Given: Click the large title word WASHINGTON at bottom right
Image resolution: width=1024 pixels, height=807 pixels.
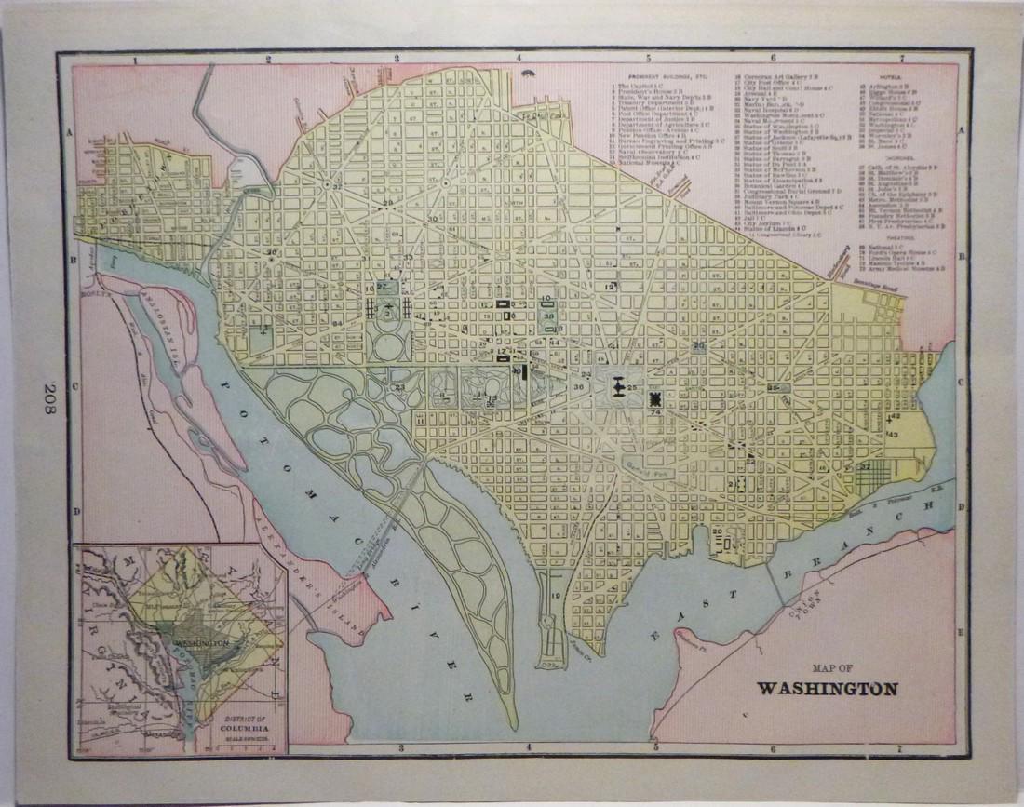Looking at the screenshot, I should (827, 690).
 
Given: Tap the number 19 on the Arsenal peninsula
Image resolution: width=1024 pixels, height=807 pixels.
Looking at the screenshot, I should (556, 596).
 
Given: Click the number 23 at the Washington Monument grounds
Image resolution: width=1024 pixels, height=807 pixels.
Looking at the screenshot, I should (399, 387).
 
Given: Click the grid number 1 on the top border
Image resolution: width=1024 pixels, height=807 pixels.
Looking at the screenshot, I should (136, 60).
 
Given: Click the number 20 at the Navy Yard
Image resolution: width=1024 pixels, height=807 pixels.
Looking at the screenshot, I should (718, 531).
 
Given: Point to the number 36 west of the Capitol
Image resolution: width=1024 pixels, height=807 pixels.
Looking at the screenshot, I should (579, 387).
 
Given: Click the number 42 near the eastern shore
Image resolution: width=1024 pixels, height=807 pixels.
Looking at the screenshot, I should (896, 417).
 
